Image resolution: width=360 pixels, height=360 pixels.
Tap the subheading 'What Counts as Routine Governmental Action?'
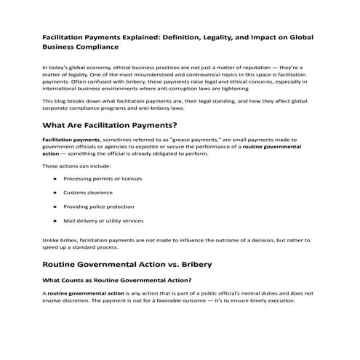pyautogui.click(x=116, y=279)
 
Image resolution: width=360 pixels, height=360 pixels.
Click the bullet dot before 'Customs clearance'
pyautogui.click(x=55, y=192)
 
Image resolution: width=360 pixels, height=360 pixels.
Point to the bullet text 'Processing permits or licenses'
pyautogui.click(x=102, y=178)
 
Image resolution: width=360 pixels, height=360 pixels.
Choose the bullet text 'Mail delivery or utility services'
pyautogui.click(x=103, y=220)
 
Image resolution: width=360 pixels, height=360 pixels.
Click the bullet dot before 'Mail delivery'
pyautogui.click(x=55, y=220)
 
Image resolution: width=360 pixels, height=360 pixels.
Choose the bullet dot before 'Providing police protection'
pyautogui.click(x=55, y=206)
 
